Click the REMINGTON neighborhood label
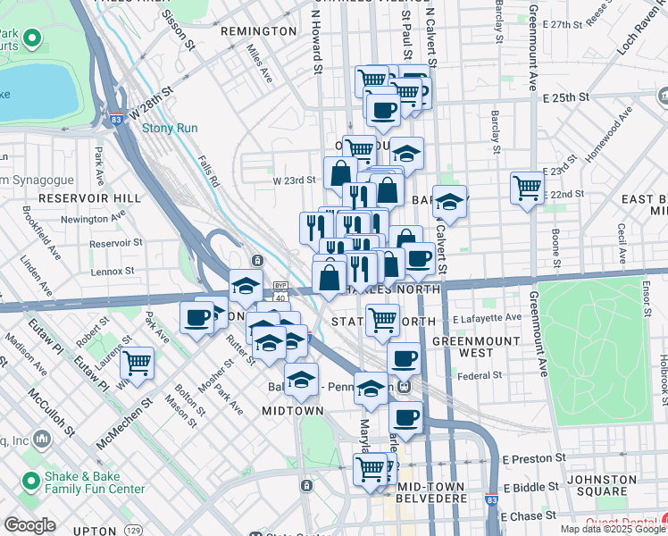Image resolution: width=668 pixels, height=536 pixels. [258, 30]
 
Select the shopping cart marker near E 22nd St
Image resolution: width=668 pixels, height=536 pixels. [528, 188]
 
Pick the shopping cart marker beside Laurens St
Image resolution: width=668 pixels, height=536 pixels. [138, 363]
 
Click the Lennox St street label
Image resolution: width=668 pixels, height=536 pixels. [112, 270]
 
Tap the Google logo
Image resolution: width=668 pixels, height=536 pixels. [29, 525]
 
